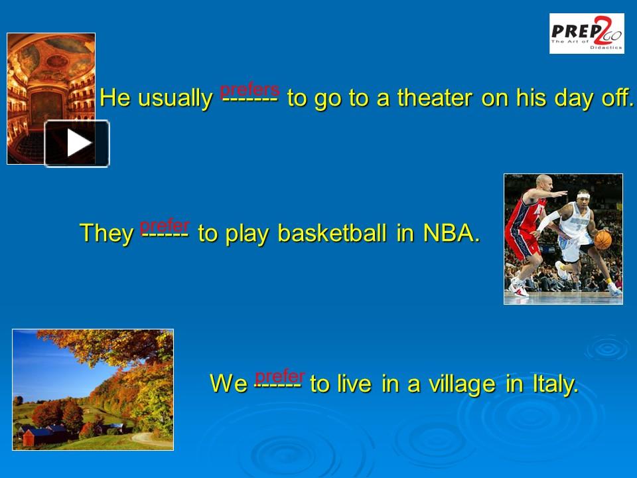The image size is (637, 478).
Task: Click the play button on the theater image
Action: point(77,143)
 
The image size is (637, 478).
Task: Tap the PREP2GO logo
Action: point(587,33)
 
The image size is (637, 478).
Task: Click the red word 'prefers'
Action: point(249,89)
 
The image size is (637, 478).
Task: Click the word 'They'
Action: point(106,233)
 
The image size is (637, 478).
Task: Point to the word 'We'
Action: point(228,384)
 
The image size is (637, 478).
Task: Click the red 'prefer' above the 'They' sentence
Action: point(165,225)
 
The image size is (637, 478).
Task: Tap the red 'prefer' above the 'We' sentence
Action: point(280,376)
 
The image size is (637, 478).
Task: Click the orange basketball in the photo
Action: point(602,240)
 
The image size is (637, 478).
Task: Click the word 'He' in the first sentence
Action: point(115,98)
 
